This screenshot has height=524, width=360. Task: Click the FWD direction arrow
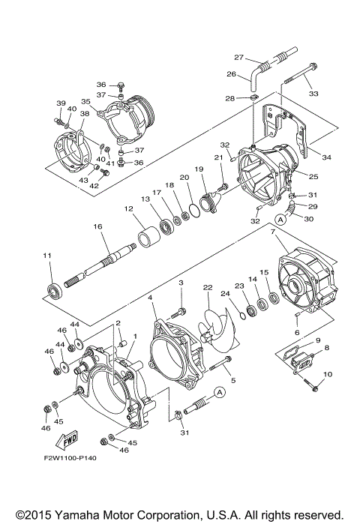(x=67, y=439)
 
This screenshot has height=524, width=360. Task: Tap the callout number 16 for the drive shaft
(x=97, y=226)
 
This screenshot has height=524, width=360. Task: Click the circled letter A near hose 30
(x=280, y=219)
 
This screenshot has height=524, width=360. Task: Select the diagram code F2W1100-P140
(x=70, y=458)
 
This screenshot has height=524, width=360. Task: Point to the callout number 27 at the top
(x=238, y=57)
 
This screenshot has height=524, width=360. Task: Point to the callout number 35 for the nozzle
(x=86, y=101)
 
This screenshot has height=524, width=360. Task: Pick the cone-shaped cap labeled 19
(x=210, y=202)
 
